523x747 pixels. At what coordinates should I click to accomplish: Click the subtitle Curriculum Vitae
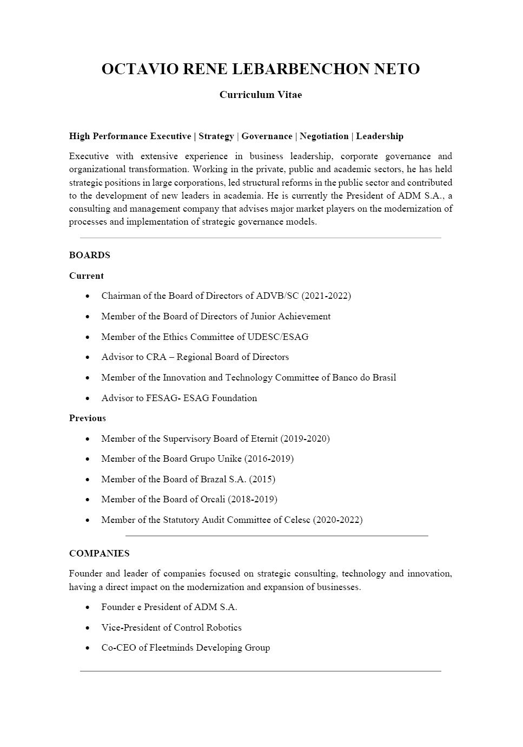pos(261,95)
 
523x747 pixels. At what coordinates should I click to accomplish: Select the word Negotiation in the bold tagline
pos(324,136)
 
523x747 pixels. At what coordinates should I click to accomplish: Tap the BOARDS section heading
pos(90,255)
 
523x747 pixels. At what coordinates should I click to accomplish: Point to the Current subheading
pos(87,276)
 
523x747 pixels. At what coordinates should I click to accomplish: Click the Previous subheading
pos(88,418)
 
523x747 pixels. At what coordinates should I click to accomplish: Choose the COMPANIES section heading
pos(100,553)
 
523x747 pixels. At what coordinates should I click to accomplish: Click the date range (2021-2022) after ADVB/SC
pos(326,296)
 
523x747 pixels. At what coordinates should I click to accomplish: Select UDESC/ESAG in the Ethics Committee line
pos(278,337)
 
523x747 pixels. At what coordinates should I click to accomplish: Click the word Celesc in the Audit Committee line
pos(297,520)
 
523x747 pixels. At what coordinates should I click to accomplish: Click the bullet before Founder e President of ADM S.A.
pos(88,607)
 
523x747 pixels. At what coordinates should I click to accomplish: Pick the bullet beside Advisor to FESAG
pos(88,398)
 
